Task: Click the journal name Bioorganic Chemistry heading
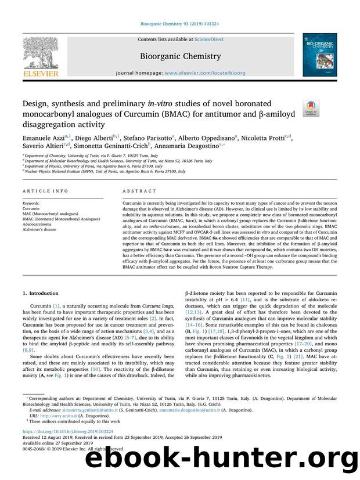179,56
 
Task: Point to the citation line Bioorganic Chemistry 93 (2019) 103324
179,24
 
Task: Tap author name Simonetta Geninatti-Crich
109,147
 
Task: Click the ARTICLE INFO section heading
39,191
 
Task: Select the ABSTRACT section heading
139,191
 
